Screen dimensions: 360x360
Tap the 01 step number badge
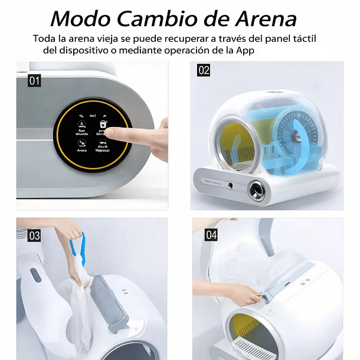(34, 80)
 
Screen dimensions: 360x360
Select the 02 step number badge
(204, 70)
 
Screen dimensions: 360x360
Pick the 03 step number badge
(34, 236)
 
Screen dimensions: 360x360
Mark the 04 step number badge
(211, 235)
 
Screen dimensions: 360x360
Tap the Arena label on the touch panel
(81, 150)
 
